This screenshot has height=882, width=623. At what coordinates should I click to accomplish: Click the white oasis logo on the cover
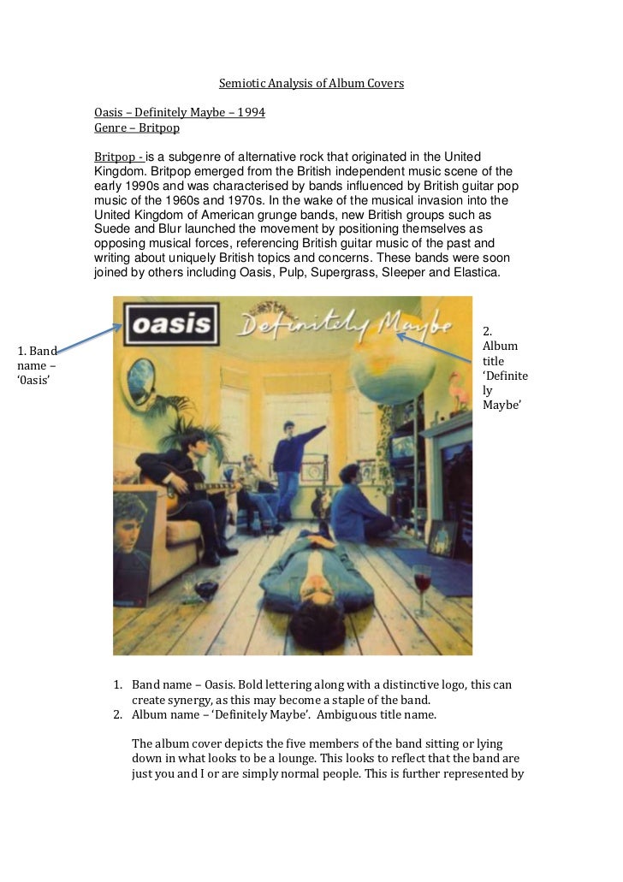tap(171, 326)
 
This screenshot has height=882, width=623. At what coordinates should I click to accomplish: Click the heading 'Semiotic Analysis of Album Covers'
tap(311, 84)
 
